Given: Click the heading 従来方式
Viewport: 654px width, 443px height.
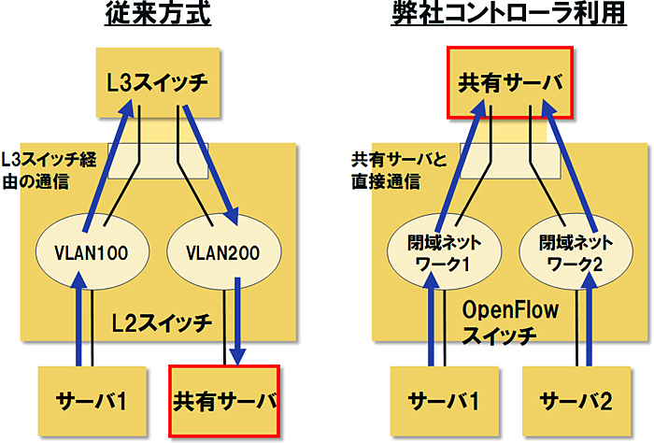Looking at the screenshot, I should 159,17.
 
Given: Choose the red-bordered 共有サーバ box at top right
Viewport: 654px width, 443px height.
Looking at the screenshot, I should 511,82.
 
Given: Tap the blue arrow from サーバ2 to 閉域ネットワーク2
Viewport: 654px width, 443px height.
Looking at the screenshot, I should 590,327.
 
